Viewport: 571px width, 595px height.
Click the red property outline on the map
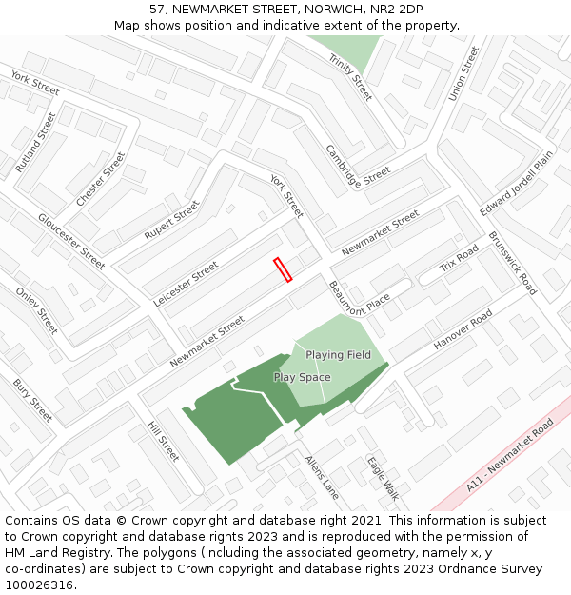283,269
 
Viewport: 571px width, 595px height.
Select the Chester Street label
100,179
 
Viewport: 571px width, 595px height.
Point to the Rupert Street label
171,220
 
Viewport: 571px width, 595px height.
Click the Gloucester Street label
71,241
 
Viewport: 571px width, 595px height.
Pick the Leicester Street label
186,284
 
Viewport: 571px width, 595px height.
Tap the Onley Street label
37,310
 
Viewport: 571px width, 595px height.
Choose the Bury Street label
32,401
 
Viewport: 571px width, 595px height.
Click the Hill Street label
164,441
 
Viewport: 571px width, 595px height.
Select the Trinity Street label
350,77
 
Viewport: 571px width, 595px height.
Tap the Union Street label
463,75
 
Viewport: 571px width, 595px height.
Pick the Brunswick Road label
513,263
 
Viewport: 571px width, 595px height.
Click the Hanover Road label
463,329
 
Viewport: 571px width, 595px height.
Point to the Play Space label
302,377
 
